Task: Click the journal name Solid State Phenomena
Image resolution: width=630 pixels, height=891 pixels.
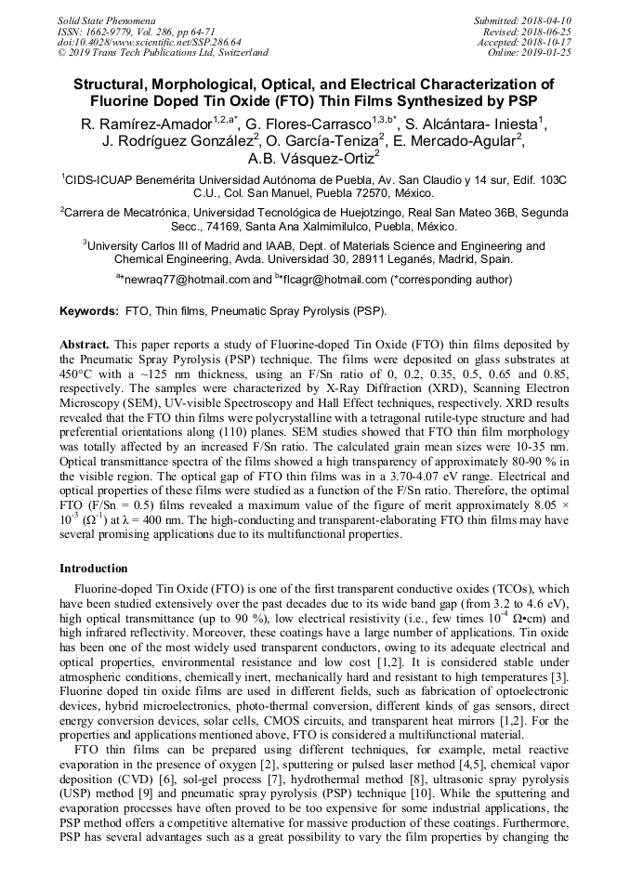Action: [x=106, y=20]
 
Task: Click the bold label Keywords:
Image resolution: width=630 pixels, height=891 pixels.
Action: [x=89, y=310]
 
